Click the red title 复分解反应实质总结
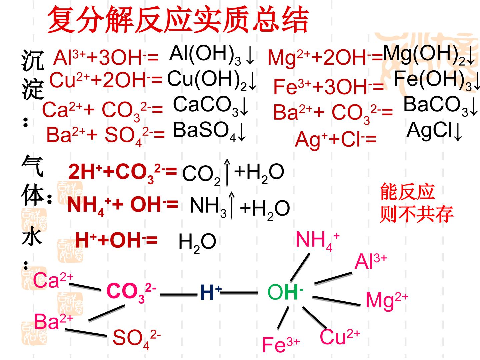[x=178, y=20]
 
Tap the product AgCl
[x=429, y=131]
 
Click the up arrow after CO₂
[x=227, y=172]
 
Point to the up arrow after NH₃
[x=232, y=205]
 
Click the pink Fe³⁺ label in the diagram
[x=281, y=344]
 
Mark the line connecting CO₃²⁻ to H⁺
[x=178, y=295]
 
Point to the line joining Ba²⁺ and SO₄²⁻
[x=86, y=333]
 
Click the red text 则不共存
[x=417, y=214]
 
